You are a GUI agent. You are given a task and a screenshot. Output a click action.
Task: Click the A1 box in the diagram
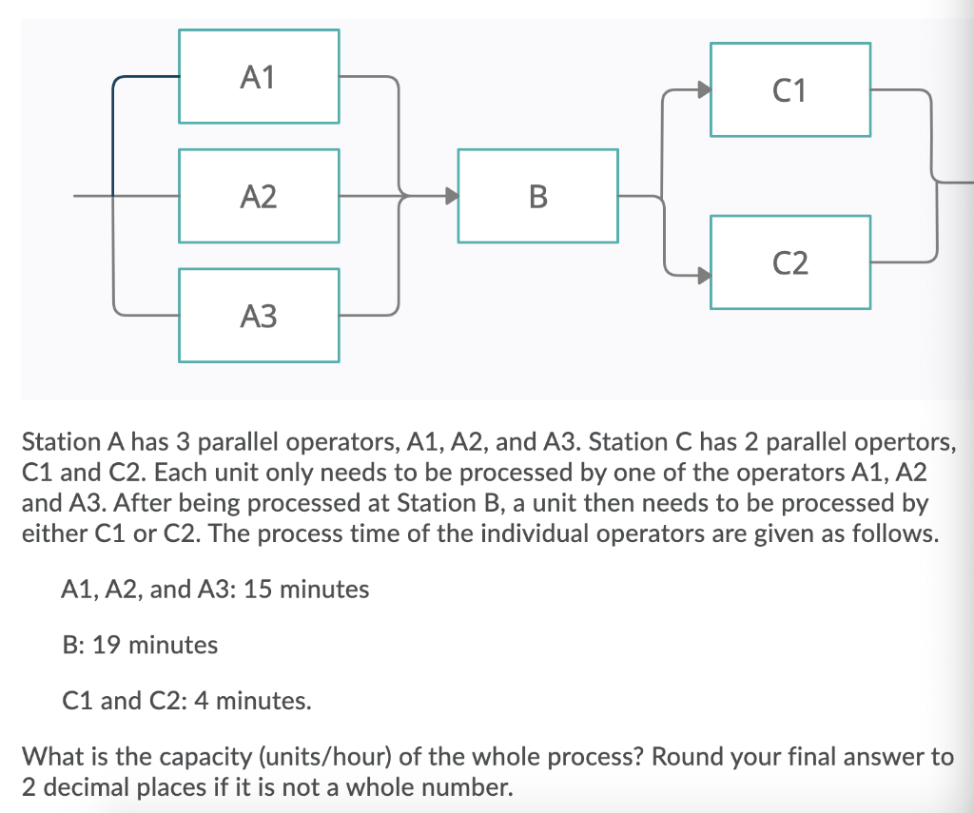(259, 77)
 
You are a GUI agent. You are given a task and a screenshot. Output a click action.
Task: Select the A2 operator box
(259, 197)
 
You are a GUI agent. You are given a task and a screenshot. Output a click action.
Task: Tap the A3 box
(259, 316)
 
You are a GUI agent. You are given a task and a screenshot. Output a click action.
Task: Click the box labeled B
(537, 197)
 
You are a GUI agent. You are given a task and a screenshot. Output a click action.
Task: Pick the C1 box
(789, 90)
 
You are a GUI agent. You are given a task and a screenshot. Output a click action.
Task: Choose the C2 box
(789, 262)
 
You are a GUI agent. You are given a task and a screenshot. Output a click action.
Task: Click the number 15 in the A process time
(257, 590)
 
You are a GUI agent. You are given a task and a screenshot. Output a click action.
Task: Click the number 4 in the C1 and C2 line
(199, 702)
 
